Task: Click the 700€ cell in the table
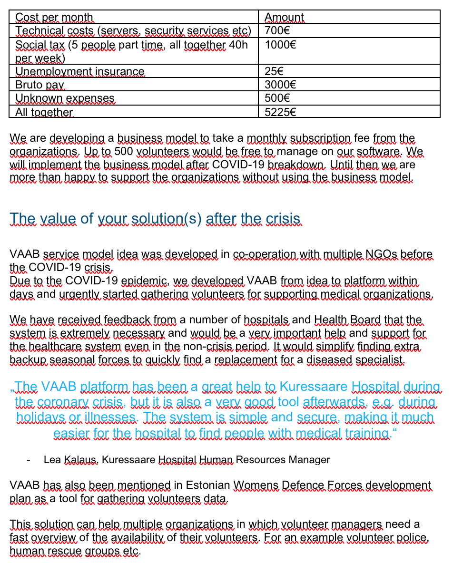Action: click(277, 31)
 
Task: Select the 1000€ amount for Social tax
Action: click(280, 45)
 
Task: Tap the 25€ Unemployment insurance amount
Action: click(274, 72)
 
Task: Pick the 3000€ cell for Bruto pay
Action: click(280, 85)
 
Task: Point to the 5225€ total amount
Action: click(280, 112)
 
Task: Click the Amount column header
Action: click(284, 18)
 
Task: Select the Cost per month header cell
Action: click(54, 18)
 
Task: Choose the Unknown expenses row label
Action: click(65, 98)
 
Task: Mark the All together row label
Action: click(44, 112)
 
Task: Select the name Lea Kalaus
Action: click(64, 460)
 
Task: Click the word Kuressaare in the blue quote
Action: click(313, 387)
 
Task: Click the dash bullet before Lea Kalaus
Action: click(30, 460)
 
